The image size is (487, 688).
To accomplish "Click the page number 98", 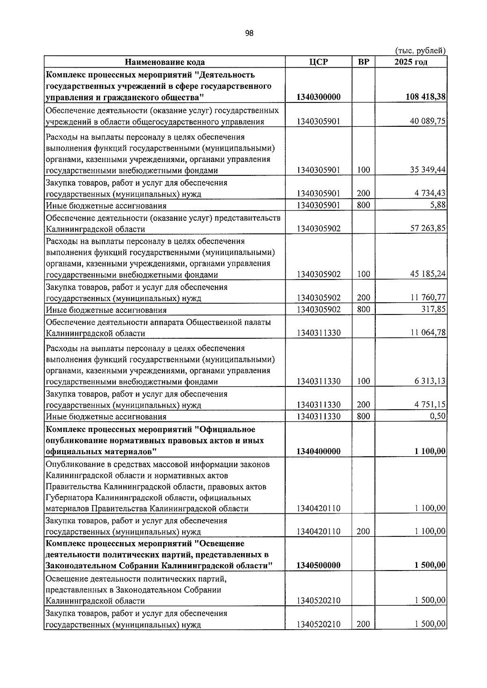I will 249,34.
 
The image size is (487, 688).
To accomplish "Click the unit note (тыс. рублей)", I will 420,51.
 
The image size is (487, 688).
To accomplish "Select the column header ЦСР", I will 318,62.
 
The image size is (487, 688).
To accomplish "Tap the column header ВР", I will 363,62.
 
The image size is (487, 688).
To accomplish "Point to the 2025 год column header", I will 411,62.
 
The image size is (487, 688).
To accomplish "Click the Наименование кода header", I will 164,62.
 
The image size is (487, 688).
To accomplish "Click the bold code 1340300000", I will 318,97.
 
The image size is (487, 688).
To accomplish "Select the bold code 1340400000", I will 318,451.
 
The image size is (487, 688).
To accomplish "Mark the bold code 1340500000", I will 318,565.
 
